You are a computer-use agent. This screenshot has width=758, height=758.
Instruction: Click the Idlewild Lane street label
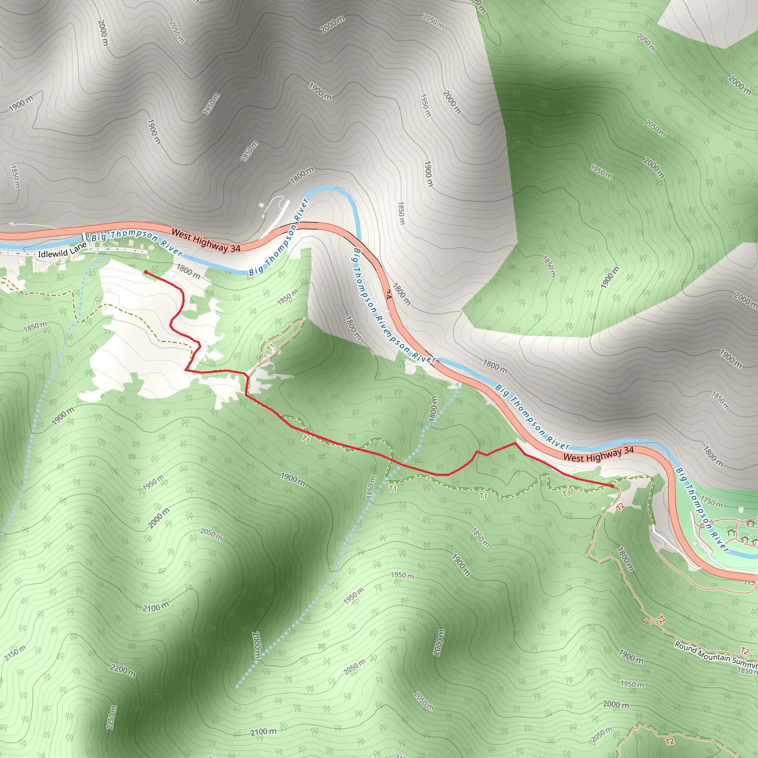point(62,251)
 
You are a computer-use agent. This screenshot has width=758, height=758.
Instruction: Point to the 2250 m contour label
point(111,718)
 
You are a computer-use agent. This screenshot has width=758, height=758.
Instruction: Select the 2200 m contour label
point(123,671)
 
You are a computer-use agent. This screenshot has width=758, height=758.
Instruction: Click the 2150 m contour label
point(15,653)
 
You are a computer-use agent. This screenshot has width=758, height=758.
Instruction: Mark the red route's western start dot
point(145,272)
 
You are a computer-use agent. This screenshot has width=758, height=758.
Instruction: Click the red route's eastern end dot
point(612,486)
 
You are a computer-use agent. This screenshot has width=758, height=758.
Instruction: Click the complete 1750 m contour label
point(711,502)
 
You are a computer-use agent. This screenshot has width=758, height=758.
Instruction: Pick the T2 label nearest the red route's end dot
point(620,507)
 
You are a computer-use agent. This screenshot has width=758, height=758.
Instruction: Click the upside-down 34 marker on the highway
point(388,295)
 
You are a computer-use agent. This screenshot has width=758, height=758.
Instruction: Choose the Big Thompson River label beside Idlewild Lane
point(137,242)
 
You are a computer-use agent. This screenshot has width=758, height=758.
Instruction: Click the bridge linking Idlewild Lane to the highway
point(84,238)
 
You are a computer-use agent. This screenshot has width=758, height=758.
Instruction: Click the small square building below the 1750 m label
point(740,510)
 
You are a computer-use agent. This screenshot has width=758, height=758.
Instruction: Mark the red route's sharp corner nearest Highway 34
point(515,443)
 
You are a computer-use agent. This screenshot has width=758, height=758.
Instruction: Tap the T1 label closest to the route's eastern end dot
point(567,494)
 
